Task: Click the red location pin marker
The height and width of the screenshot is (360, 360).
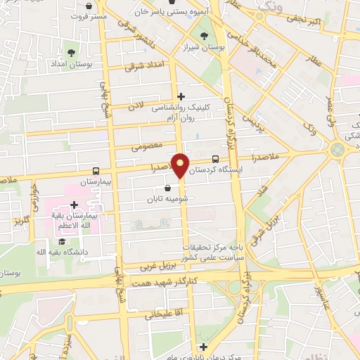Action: (x=181, y=166)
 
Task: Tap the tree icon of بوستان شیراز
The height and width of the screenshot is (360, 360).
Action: (x=205, y=35)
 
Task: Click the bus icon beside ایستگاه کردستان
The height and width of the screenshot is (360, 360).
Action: (x=215, y=159)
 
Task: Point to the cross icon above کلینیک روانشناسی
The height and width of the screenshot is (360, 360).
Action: (x=181, y=96)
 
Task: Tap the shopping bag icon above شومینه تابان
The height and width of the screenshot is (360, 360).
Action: (x=167, y=188)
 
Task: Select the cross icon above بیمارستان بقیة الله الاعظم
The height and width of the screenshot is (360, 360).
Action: (x=74, y=205)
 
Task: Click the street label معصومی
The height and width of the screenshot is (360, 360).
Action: (x=148, y=145)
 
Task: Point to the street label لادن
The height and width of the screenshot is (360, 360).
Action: (x=136, y=105)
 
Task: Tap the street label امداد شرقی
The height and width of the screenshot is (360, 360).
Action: (x=143, y=66)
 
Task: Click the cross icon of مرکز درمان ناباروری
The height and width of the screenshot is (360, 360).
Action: (x=203, y=347)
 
